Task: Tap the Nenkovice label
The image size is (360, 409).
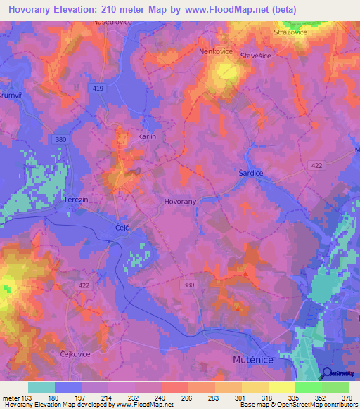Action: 215,51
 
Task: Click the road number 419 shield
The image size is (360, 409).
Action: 98,89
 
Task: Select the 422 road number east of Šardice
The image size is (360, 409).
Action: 317,164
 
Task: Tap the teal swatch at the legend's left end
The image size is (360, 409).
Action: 41,387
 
